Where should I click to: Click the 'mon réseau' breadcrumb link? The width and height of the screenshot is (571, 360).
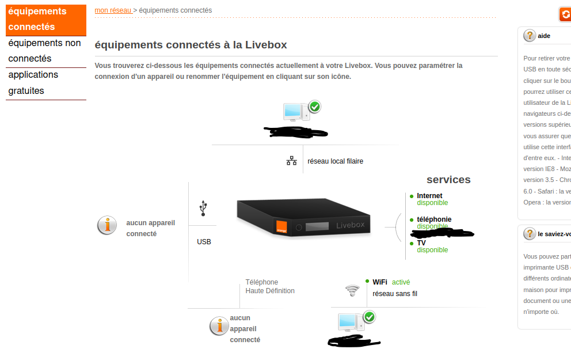[113, 10]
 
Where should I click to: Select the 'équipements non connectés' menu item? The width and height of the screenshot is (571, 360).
[44, 51]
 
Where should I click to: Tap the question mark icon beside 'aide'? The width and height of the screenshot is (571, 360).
[530, 36]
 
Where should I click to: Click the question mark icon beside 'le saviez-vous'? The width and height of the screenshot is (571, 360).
[530, 234]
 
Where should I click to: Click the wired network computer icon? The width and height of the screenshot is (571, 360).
[296, 111]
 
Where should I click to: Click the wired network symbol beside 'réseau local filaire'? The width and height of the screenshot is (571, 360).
[292, 161]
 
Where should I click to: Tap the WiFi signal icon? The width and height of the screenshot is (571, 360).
[352, 290]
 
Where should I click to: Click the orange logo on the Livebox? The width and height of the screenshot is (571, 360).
[282, 226]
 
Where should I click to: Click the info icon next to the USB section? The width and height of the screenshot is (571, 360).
[107, 225]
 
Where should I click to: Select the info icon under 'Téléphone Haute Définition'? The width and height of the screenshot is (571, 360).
[219, 326]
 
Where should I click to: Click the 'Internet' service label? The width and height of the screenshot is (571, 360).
[429, 196]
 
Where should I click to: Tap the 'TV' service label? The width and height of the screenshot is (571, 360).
[421, 243]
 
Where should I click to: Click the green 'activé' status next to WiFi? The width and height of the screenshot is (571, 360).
[401, 282]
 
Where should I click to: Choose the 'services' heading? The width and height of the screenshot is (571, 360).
[448, 180]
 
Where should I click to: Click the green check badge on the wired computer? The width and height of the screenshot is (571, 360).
[315, 107]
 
